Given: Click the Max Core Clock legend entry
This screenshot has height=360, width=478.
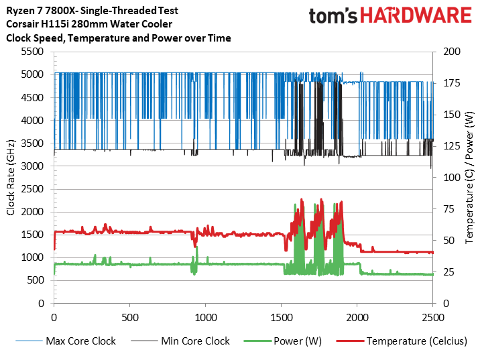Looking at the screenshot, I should pyautogui.click(x=80, y=341).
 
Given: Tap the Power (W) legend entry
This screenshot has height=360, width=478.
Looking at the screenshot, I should pyautogui.click(x=298, y=341).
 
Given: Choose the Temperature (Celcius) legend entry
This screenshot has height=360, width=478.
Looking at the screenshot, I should pyautogui.click(x=416, y=341).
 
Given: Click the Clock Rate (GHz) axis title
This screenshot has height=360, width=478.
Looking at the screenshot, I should pyautogui.click(x=11, y=177).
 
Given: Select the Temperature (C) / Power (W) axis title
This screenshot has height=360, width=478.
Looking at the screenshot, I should pyautogui.click(x=469, y=177).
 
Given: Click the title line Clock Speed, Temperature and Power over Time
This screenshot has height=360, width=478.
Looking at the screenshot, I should pyautogui.click(x=118, y=38).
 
